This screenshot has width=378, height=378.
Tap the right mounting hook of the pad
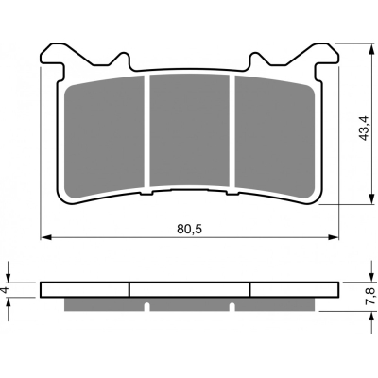[325, 57]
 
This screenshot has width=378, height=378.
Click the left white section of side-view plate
[85, 289]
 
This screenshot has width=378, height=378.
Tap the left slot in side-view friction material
[148, 304]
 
